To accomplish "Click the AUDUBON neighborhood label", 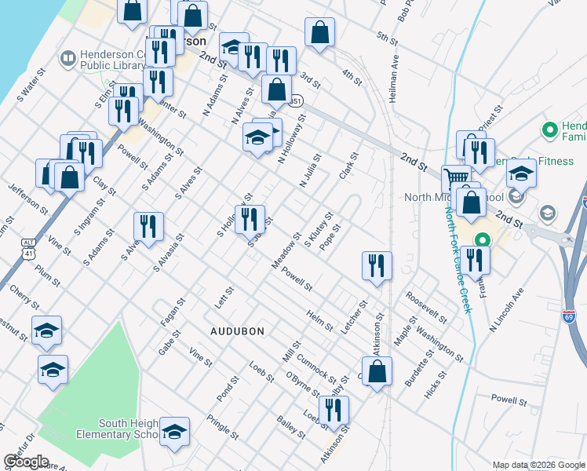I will [x=242, y=331].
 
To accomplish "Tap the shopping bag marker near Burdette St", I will [x=377, y=372].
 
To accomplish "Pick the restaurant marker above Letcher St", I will [x=377, y=265].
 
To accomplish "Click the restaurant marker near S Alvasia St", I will [x=148, y=226].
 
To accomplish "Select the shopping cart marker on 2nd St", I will [x=454, y=177].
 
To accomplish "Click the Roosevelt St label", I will [x=426, y=309].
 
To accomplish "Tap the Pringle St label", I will [x=223, y=425].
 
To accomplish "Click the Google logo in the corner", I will [x=26, y=462].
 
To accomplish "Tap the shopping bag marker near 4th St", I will [x=319, y=33].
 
